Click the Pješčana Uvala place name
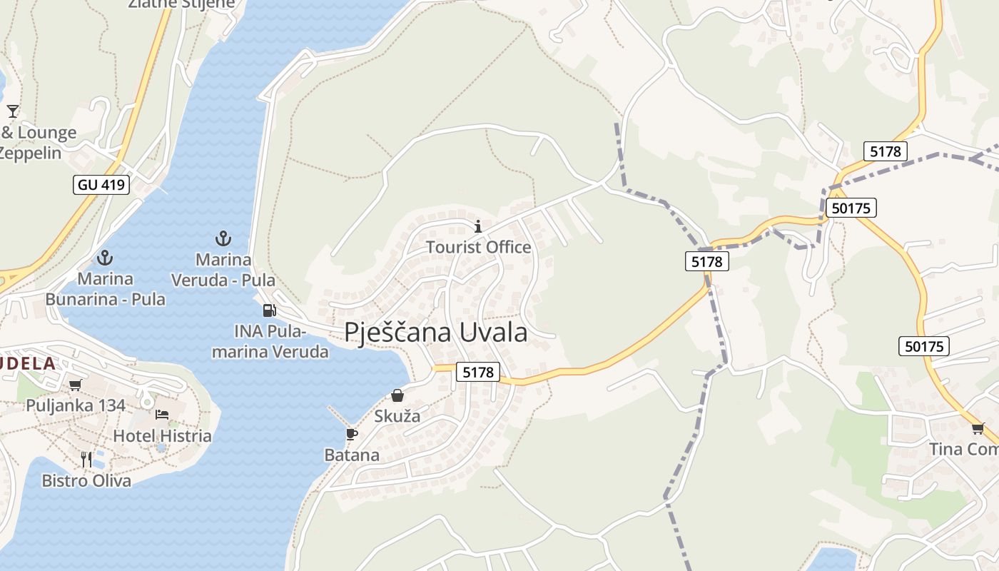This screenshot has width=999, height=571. [436, 333]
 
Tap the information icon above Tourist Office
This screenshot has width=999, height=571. [478, 227]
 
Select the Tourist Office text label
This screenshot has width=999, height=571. [478, 247]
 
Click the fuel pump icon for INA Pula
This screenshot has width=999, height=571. [269, 310]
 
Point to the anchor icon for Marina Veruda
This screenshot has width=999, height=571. [223, 238]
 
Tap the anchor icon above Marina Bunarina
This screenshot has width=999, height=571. [106, 257]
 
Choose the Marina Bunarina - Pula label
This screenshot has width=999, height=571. [106, 288]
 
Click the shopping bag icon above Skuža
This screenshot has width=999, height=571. [397, 395]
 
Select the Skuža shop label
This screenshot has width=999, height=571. [397, 415]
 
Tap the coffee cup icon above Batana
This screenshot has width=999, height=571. [351, 434]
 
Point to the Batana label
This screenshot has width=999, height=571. [352, 455]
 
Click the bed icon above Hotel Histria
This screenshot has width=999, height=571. [162, 415]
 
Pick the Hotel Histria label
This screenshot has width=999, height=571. [162, 435]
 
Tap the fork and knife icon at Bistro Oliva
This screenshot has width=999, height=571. [86, 459]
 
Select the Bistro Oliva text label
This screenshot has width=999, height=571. [86, 480]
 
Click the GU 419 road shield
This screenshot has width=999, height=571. [101, 185]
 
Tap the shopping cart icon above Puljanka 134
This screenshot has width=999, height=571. [75, 385]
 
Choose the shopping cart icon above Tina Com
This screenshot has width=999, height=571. [977, 428]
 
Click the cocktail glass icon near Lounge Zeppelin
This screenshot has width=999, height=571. [13, 111]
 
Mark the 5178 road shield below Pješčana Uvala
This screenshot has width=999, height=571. [478, 372]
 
